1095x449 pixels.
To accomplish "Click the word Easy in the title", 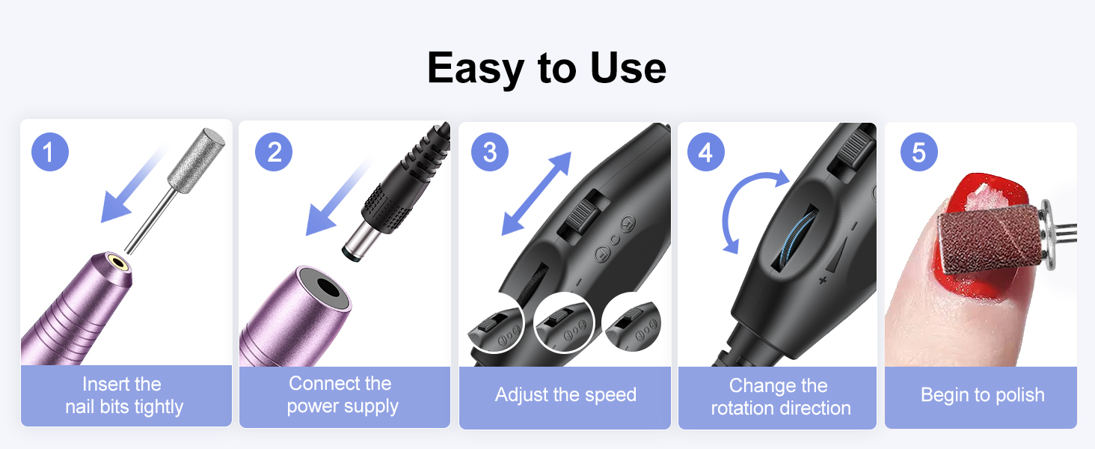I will pos(474,69).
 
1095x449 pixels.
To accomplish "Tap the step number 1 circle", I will pos(50,153).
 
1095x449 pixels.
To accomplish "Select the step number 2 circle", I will pos(274,153).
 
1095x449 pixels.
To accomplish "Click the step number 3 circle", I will pos(490,153).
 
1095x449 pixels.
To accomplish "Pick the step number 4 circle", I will pos(706,153).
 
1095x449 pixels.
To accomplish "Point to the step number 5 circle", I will pos(919,153).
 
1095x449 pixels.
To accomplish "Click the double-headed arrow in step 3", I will pos(536,193).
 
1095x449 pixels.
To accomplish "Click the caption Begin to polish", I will pos(982,395).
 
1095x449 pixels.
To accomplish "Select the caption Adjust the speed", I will pos(565,395).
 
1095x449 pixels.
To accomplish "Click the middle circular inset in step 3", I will pos(565,324).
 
